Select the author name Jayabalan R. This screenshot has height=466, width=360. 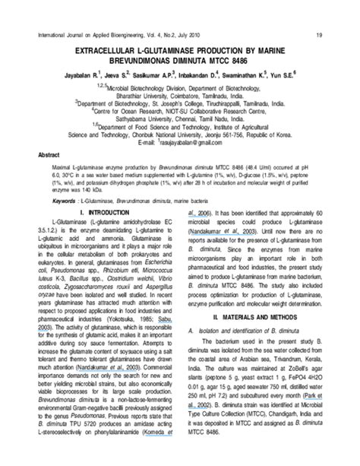[79, 76]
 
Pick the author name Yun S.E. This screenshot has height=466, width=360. [279, 76]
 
